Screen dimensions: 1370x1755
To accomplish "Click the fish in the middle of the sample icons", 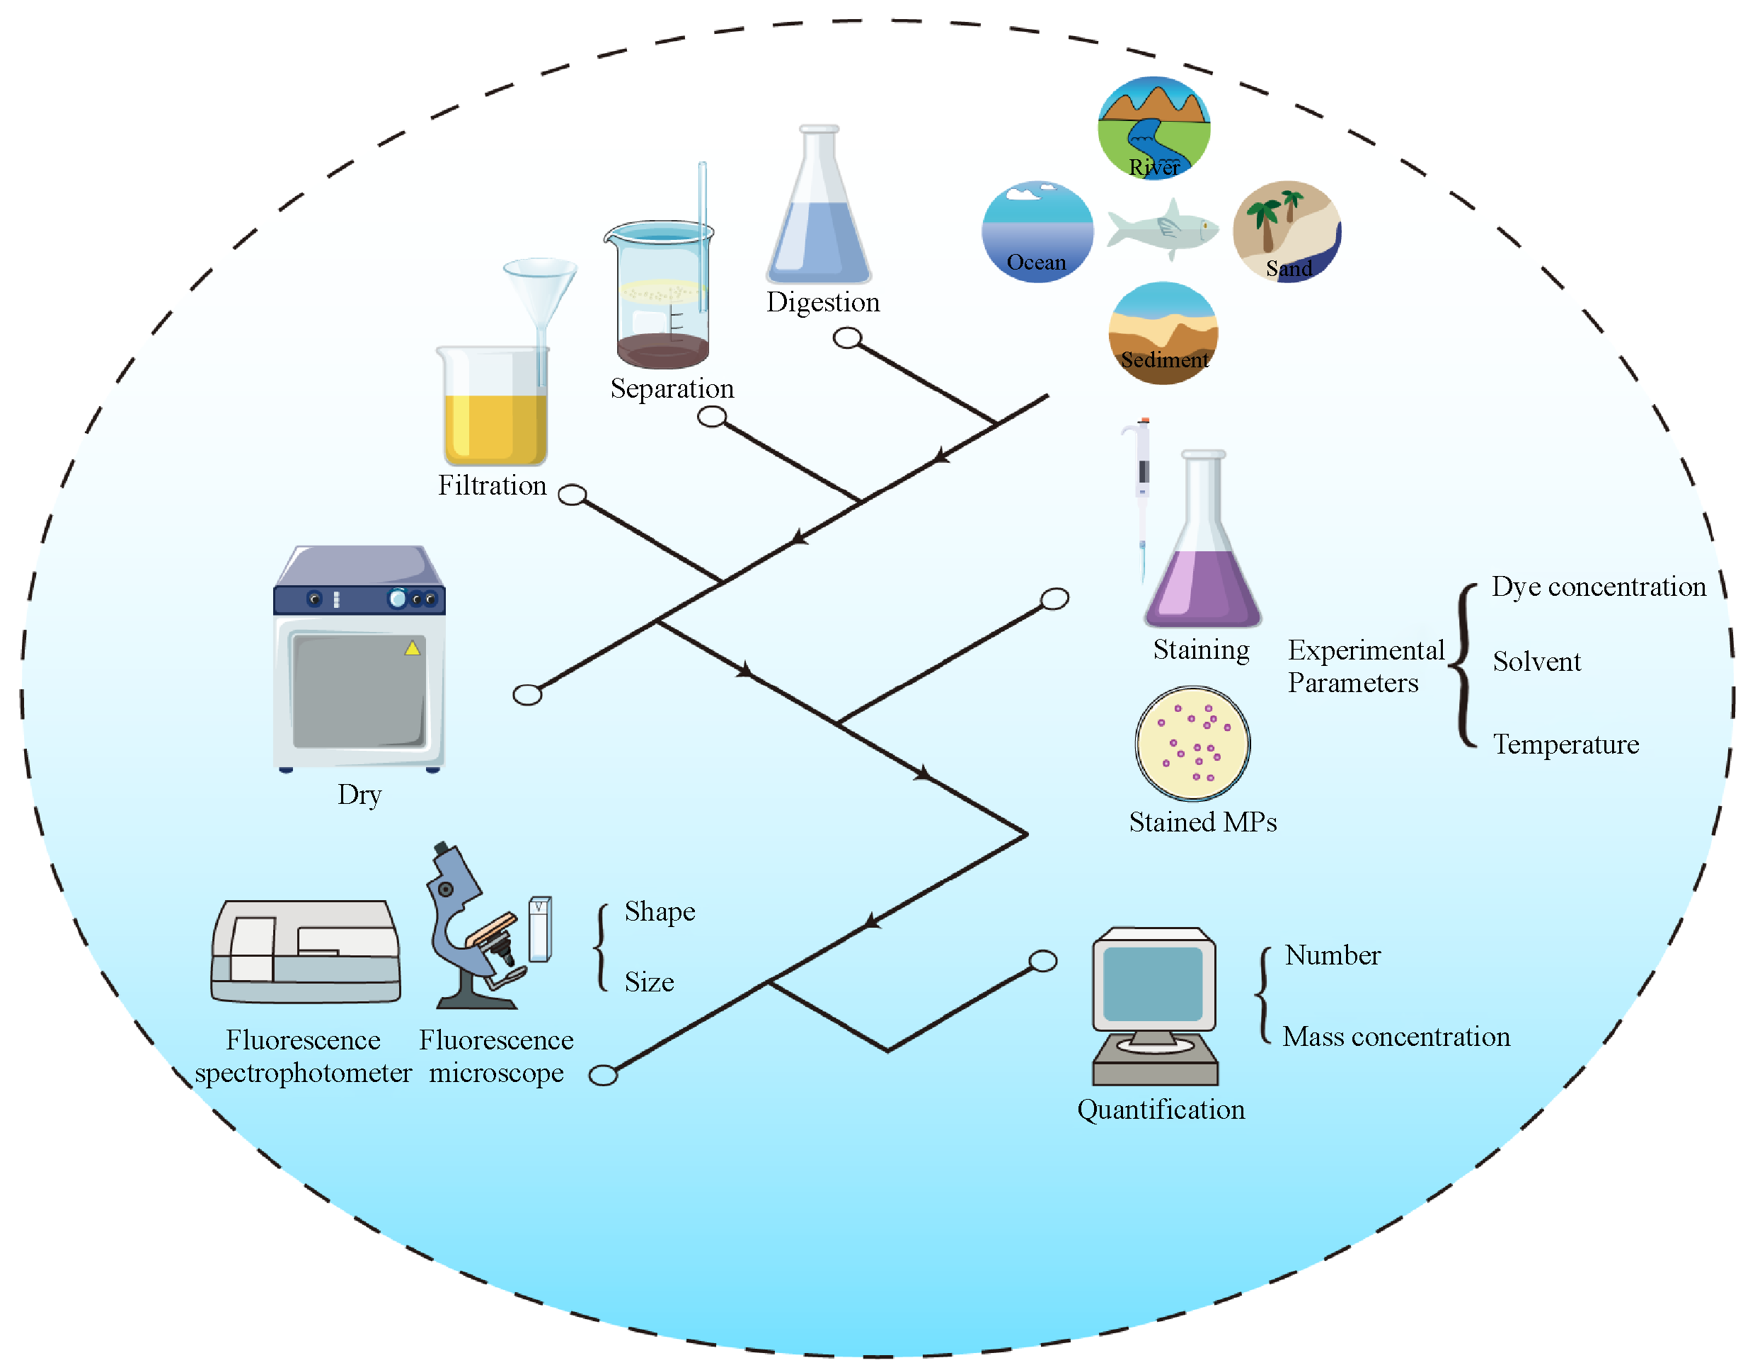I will pos(1163,229).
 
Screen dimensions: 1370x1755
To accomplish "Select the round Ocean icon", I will pos(1037,231).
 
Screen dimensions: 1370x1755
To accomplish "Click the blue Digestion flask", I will pos(819,233).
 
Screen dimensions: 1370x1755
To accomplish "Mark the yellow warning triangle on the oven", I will pos(413,648).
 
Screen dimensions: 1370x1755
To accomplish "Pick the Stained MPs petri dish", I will pos(1192,743).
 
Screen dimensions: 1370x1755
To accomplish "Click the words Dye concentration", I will pos(1599,587).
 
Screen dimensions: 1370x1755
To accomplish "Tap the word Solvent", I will pos(1536,662).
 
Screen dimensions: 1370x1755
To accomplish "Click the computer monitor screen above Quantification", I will pos(1153,984).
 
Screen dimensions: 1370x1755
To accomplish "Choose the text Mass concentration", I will pos(1396,1037).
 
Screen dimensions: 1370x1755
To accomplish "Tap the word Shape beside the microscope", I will pos(660,912).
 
